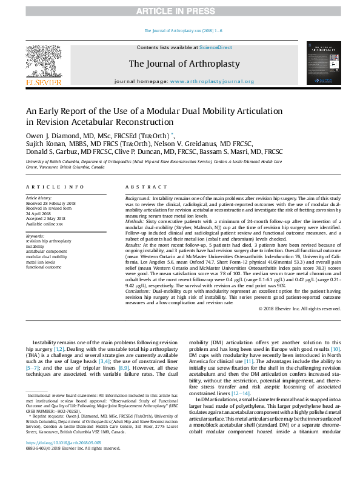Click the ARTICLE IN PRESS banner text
179,11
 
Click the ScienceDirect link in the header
216,47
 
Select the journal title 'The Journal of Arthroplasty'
184,64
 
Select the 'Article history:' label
39,198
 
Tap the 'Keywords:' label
35,236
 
